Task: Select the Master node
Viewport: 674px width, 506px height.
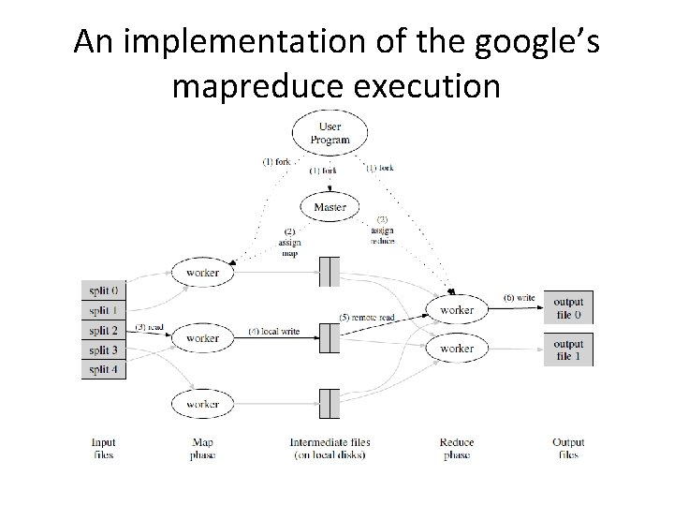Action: pos(330,207)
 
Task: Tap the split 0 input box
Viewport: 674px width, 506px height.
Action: pos(104,290)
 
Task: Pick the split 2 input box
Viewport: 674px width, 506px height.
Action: pos(104,330)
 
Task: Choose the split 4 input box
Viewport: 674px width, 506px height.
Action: pos(104,368)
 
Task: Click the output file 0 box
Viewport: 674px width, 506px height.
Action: pos(568,308)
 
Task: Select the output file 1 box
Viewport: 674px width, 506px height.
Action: pos(568,350)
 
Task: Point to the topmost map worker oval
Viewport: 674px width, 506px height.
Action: pos(202,273)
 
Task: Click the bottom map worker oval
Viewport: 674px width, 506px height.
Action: pos(202,404)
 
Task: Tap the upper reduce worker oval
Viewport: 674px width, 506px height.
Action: pos(457,309)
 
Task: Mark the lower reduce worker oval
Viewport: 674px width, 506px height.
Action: pos(457,349)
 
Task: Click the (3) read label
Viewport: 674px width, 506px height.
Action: pos(150,327)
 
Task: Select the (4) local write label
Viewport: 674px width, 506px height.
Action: pos(273,332)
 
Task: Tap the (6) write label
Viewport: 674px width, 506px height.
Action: pos(520,298)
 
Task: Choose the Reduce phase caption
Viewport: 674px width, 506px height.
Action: pos(457,448)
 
